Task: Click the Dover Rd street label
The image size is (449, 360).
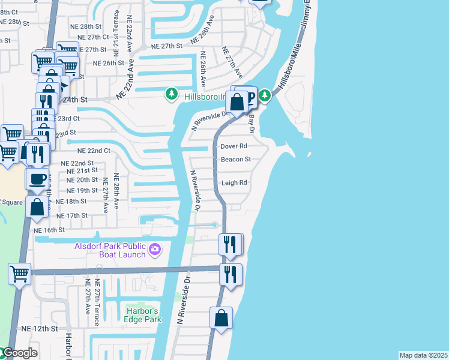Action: [x=234, y=146]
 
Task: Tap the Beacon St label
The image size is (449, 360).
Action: [x=235, y=160]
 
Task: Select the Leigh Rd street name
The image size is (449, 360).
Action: [x=234, y=183]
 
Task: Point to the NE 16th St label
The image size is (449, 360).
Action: [x=49, y=230]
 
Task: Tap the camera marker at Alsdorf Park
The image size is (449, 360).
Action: [x=155, y=249]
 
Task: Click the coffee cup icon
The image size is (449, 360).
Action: [x=37, y=178]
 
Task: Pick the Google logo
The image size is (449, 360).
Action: [x=19, y=353]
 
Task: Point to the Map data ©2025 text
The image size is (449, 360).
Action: [x=424, y=355]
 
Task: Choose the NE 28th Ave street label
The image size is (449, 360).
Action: [x=116, y=191]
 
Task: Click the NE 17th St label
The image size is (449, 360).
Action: [x=72, y=215]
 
